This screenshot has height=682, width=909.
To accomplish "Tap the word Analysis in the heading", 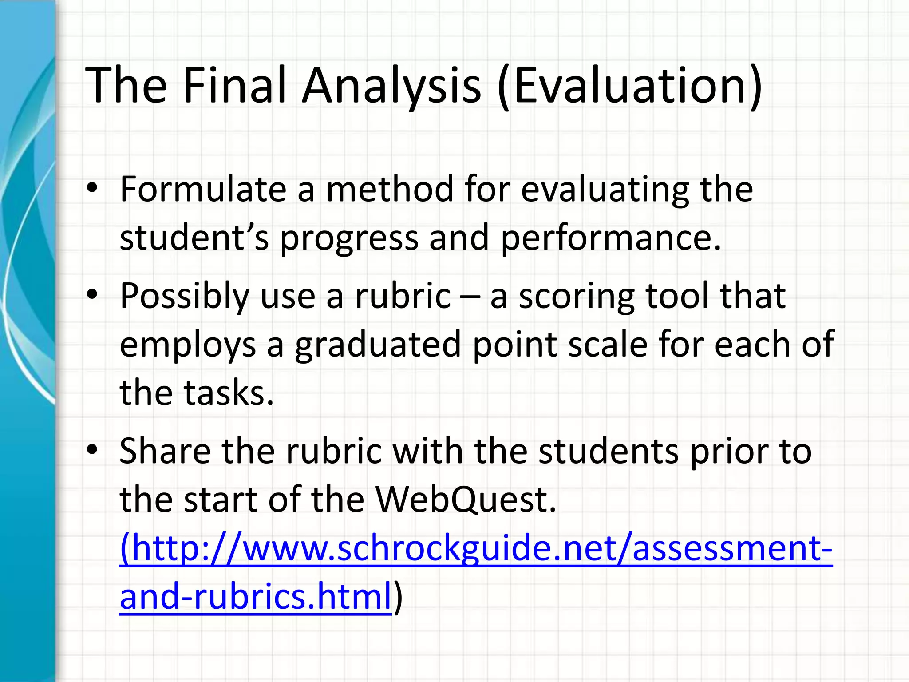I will pos(391,85).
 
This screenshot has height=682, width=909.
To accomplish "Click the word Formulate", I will pos(203,189).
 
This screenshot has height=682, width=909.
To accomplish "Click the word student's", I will pos(194,238).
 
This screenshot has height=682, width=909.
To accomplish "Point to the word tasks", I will pos(228,393).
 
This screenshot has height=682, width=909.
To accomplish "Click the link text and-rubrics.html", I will pos(256,597).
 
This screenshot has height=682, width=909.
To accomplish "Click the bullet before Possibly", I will pos(92,295).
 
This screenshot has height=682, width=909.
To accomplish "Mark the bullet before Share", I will pos(92,450).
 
